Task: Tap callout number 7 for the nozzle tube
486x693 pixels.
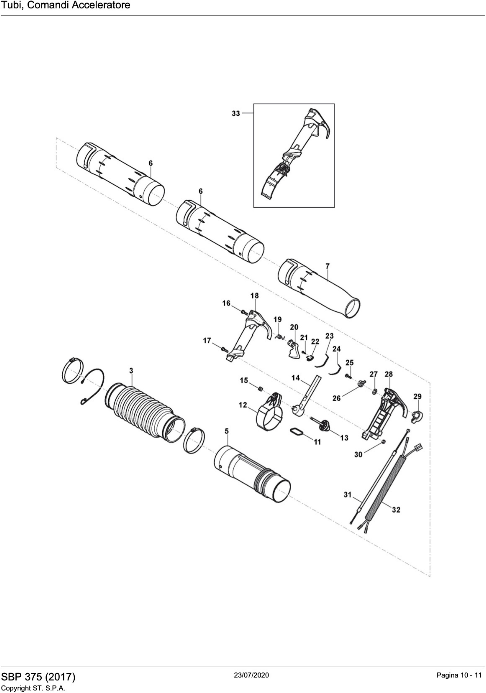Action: [x=327, y=266]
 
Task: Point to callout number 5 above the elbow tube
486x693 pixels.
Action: [x=227, y=432]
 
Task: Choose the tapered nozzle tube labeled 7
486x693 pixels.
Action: [x=320, y=290]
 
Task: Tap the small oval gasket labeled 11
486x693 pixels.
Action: [x=297, y=432]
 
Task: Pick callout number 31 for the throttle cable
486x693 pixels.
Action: [x=348, y=495]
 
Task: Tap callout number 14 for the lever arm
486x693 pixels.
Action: [x=295, y=378]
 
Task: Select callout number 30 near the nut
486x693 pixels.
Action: [x=358, y=454]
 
